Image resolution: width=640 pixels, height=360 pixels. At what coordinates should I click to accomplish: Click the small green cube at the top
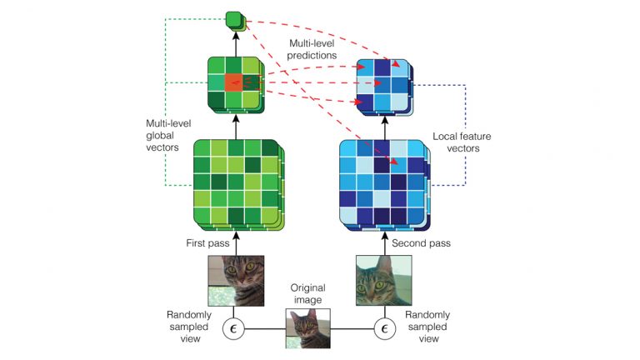(235, 17)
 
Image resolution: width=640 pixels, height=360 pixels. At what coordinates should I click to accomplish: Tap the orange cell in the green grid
(234, 82)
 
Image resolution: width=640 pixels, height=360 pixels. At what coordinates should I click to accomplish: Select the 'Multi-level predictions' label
(312, 48)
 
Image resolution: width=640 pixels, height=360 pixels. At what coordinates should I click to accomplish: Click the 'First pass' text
(202, 243)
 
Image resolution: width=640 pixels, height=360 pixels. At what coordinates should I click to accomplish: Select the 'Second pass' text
(421, 243)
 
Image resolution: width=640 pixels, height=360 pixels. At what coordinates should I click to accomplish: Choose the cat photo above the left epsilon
(236, 281)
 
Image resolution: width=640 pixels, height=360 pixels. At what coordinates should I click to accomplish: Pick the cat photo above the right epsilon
(383, 281)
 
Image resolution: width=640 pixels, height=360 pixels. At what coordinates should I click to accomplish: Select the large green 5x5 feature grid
(236, 182)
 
